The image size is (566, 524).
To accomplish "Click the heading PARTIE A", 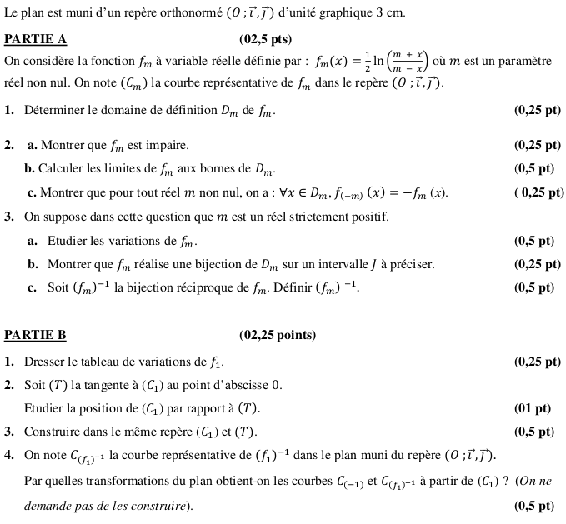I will [x=35, y=39].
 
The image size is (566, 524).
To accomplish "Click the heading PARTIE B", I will [x=35, y=335].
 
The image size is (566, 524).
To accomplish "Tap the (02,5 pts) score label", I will [x=265, y=39].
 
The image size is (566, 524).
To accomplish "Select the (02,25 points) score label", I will [x=278, y=335].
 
